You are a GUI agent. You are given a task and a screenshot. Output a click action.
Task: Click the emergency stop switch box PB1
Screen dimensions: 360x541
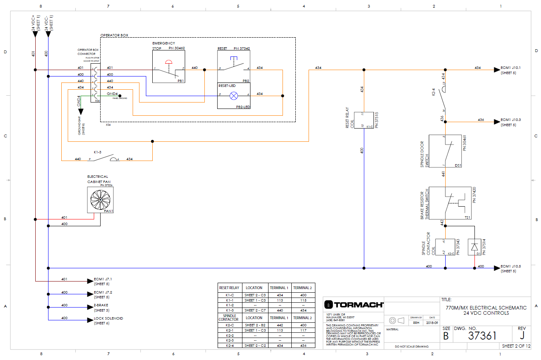[168, 67]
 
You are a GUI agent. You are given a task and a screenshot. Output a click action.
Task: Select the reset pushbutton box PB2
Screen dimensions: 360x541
[234, 66]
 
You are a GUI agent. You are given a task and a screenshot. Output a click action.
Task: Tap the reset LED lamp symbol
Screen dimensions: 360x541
[234, 96]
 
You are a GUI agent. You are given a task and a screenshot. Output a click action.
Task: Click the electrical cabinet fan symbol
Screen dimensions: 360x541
[100, 200]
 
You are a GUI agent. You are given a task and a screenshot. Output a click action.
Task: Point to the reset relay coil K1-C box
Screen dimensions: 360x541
[364, 120]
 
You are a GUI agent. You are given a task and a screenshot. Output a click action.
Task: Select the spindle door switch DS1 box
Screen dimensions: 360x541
[445, 151]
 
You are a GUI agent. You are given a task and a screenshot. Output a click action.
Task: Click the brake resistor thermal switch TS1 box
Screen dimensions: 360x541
[450, 203]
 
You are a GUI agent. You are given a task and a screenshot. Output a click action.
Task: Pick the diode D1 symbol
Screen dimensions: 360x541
[474, 247]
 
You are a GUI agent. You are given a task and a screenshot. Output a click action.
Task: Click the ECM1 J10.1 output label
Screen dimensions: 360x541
[511, 68]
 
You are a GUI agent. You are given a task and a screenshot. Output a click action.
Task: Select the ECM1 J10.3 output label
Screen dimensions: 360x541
[511, 120]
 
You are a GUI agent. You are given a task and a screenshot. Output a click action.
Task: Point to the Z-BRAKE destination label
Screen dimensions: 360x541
[101, 305]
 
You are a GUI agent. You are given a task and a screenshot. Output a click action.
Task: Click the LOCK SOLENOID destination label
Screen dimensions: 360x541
[108, 318]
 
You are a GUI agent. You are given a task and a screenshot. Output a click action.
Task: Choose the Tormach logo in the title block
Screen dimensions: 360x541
[353, 305]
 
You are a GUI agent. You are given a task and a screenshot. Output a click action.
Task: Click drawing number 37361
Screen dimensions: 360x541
[482, 336]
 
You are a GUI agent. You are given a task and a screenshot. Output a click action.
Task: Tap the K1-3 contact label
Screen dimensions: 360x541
[97, 152]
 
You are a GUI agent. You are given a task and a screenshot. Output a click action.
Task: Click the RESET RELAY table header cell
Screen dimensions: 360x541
[229, 288]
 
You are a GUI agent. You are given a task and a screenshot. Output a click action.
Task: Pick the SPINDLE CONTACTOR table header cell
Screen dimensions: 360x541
[229, 318]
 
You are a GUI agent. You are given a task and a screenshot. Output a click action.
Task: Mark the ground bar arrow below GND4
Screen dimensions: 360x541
[81, 112]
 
